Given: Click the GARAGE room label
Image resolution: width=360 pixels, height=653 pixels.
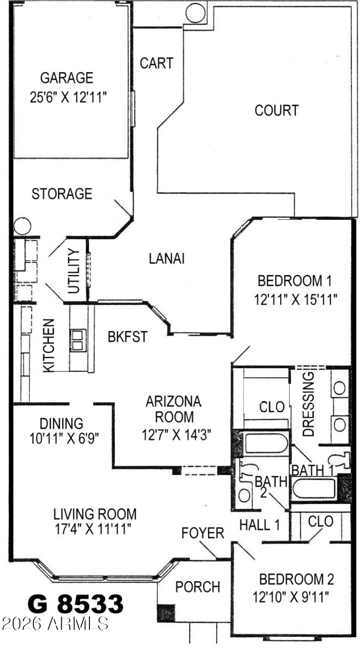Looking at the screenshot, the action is [67, 78].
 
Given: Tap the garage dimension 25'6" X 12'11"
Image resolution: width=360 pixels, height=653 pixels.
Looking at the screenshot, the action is [68, 97].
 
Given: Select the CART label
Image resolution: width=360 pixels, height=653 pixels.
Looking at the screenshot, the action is [157, 63].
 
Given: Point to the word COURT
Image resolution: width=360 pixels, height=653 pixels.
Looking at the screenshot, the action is [276, 110].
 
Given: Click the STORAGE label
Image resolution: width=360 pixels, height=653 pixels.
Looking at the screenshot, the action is [62, 194].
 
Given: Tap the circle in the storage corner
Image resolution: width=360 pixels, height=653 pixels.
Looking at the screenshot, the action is [22, 226].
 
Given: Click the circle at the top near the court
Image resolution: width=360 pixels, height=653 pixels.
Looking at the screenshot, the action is [195, 14].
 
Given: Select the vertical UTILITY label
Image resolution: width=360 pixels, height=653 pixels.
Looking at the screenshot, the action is [74, 271].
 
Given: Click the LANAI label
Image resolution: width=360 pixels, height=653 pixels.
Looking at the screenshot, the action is [167, 258].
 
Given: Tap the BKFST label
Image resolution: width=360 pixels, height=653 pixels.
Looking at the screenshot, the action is [128, 336].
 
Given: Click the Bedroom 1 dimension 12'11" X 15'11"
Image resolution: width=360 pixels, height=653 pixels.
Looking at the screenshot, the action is [296, 299].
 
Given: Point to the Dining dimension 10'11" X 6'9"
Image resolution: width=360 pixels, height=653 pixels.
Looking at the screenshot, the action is [64, 438].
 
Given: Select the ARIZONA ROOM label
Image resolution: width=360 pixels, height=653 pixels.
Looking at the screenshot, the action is [174, 409].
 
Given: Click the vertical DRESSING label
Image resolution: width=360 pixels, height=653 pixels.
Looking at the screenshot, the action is [308, 404].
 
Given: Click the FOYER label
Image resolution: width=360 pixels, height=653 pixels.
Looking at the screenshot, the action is [202, 533].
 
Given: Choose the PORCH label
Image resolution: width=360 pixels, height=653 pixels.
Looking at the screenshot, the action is [197, 587].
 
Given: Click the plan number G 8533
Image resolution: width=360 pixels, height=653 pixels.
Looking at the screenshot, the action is [75, 604].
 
